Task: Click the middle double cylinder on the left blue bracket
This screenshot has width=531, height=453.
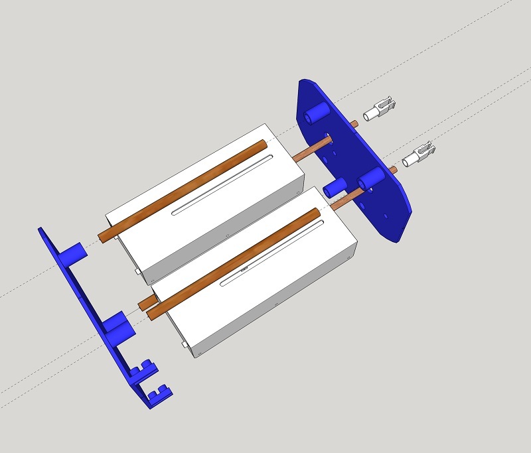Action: pyautogui.click(x=118, y=324)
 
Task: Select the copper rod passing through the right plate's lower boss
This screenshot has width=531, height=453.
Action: pyautogui.click(x=345, y=198)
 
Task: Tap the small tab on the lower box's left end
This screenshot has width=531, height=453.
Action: pyautogui.click(x=183, y=346)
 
